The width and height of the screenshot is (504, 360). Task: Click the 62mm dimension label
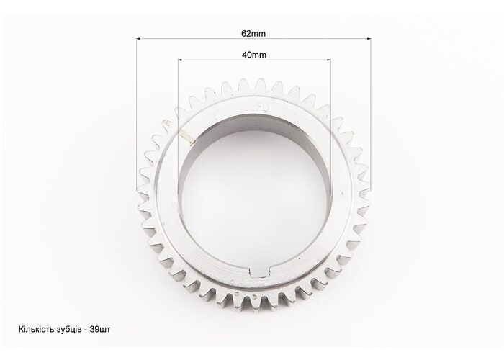(x=253, y=33)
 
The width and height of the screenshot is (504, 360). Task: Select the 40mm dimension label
(x=254, y=55)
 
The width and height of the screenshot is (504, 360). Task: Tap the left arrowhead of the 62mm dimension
(x=138, y=39)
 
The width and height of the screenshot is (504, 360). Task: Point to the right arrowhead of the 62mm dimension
(x=369, y=39)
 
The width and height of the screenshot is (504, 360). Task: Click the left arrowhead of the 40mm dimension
(x=180, y=60)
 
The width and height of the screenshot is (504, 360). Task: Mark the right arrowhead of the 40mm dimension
(x=328, y=60)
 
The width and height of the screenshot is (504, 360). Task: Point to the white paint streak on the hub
(x=188, y=137)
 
